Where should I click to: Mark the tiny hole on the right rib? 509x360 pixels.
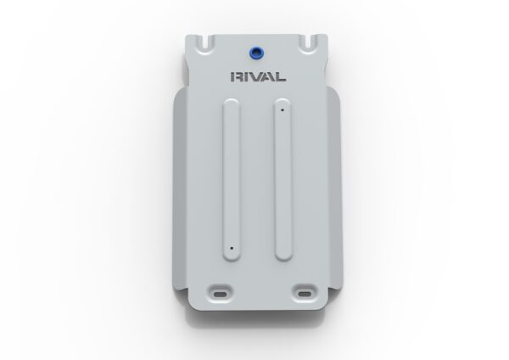click(278, 108)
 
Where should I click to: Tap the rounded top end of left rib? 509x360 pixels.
click(231, 105)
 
